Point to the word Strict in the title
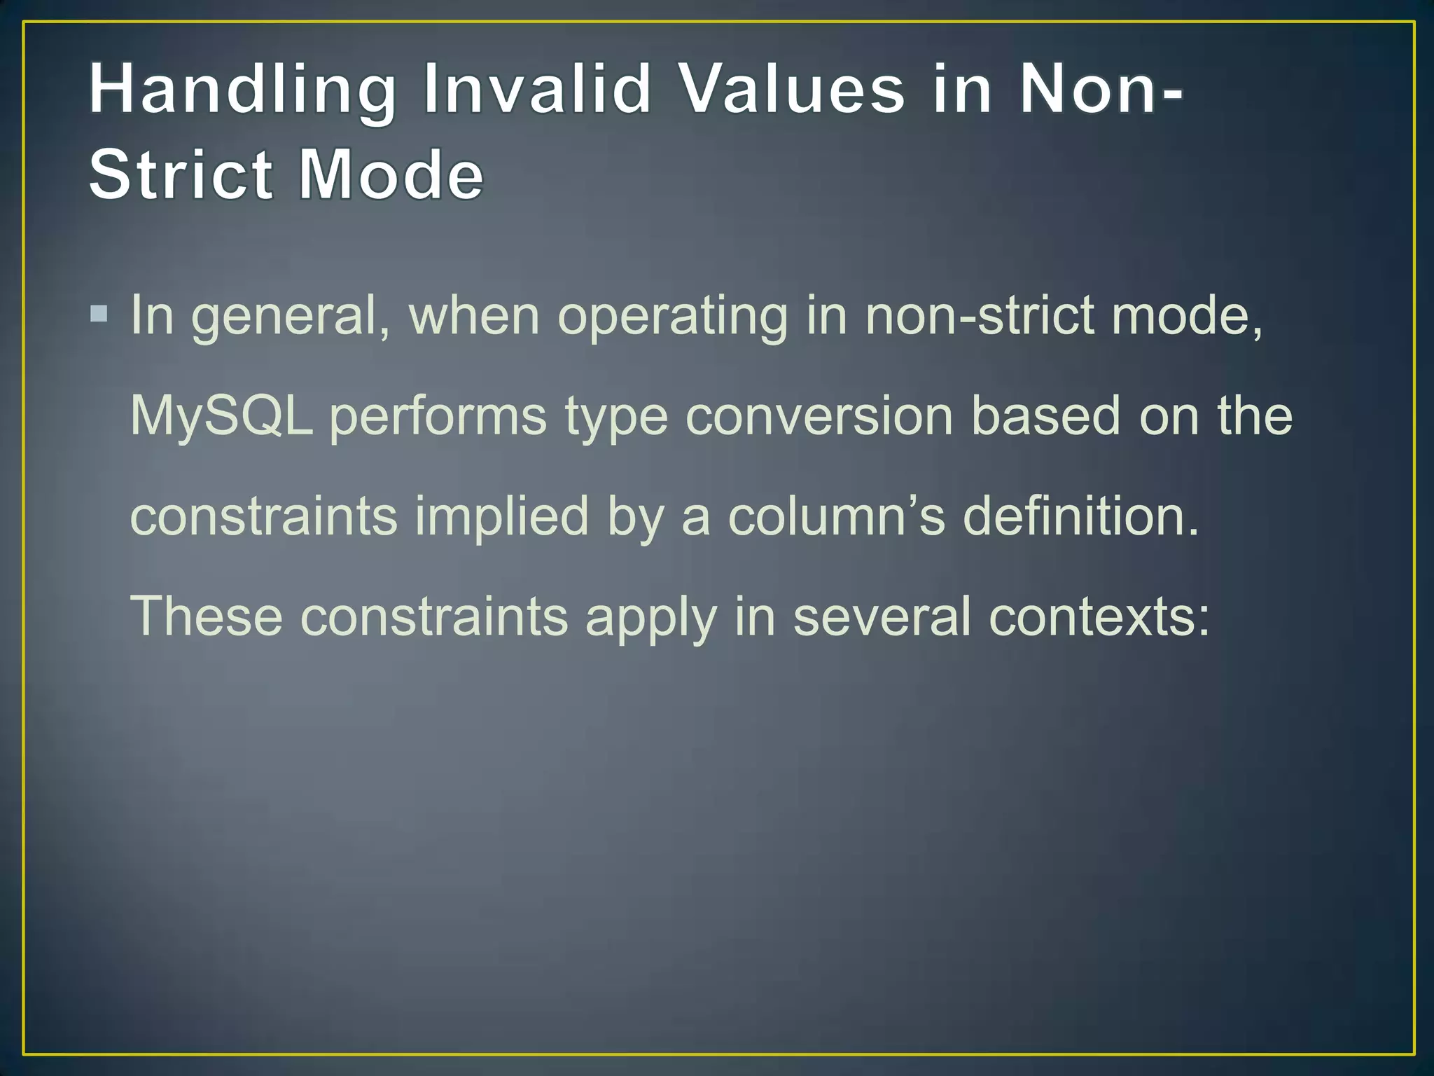[181, 174]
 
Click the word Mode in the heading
[391, 174]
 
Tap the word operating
[672, 317]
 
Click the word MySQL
[221, 416]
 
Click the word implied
[501, 517]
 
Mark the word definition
[1081, 516]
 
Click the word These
[207, 616]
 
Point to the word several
[882, 616]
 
